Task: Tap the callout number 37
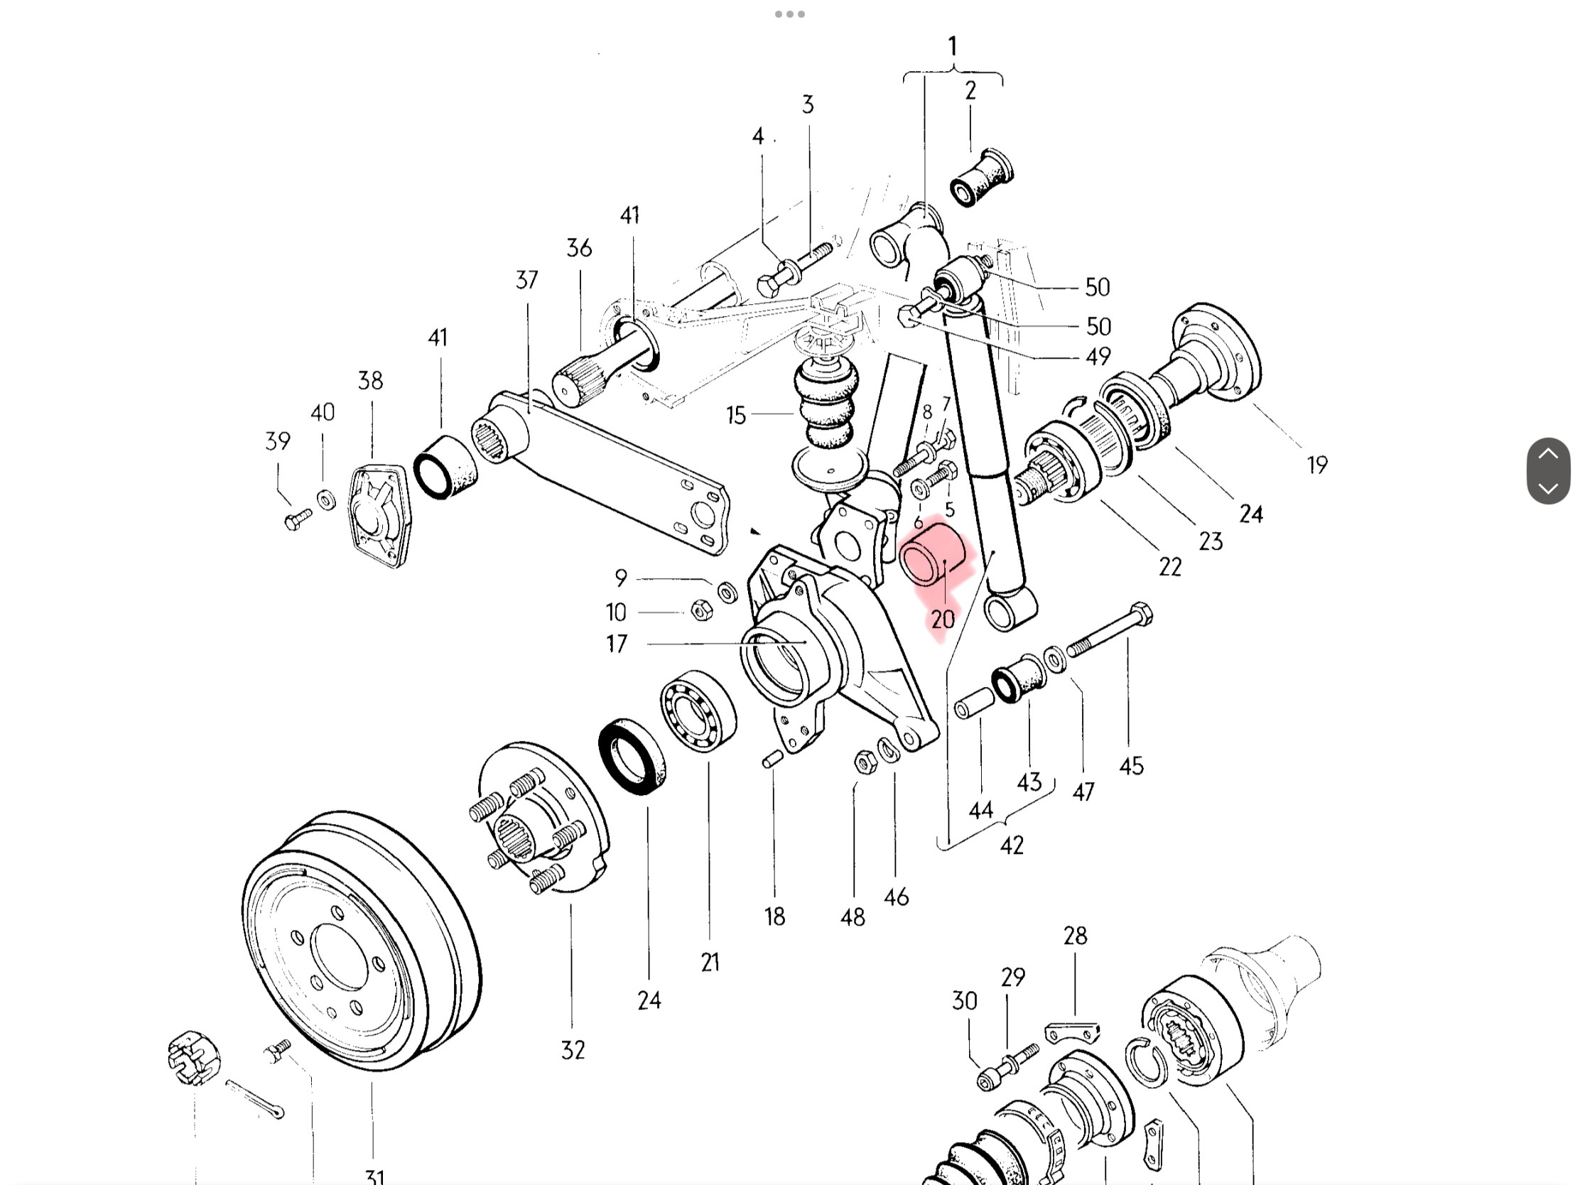(x=526, y=280)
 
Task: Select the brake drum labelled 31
(x=361, y=941)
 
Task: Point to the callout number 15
(x=736, y=415)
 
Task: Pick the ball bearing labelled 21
(x=698, y=710)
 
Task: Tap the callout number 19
(x=1317, y=465)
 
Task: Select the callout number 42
(x=1012, y=845)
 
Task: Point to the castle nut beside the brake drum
(x=193, y=1057)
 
